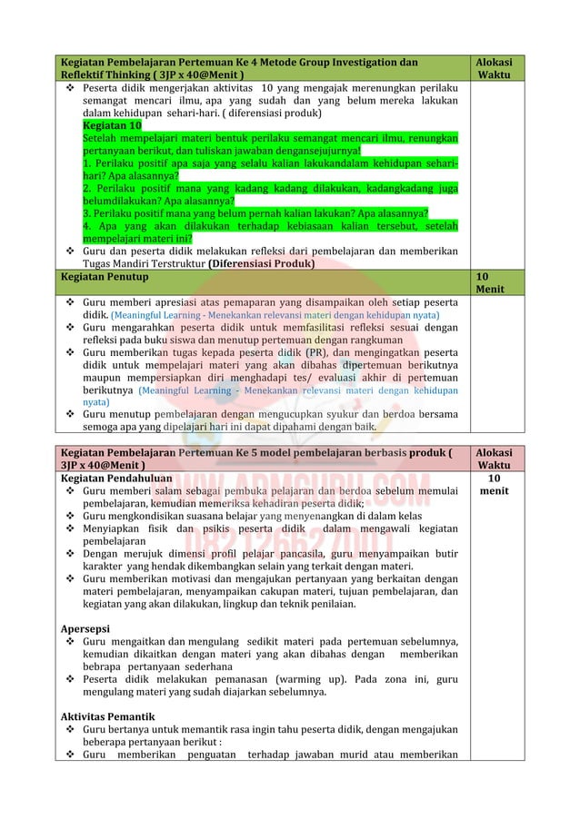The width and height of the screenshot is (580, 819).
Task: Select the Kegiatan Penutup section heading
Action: (x=104, y=276)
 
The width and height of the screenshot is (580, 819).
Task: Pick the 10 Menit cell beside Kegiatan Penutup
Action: (x=489, y=282)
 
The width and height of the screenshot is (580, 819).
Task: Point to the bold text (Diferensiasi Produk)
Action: (x=262, y=264)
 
